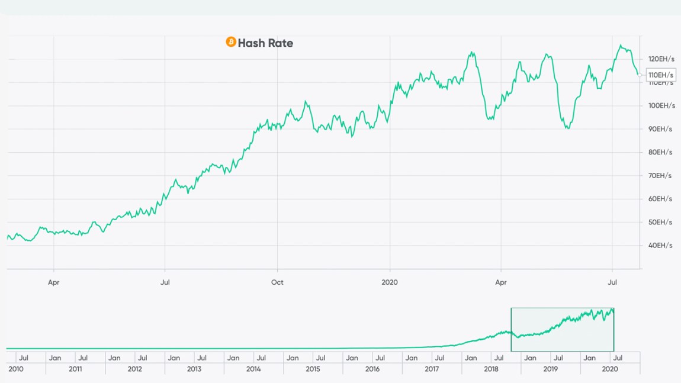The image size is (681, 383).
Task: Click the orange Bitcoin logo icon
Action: pos(231,42)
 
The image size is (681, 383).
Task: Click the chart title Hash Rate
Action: pos(265,43)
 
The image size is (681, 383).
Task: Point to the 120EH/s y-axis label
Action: pos(661,59)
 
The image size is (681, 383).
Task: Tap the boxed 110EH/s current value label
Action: pos(661,75)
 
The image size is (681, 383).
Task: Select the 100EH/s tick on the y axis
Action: pos(661,105)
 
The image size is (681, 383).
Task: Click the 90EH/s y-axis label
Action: pos(661,129)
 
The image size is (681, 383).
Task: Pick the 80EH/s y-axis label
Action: pos(661,152)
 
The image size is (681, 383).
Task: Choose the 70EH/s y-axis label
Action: pos(661,176)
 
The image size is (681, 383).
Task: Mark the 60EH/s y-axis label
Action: pos(661,199)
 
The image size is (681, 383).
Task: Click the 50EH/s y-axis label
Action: pos(661,222)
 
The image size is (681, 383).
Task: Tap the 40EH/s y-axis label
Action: pos(661,246)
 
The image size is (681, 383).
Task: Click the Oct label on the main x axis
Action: pos(277,282)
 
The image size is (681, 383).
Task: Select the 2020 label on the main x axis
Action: pos(389,282)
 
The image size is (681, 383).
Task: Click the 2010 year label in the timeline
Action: pos(15,369)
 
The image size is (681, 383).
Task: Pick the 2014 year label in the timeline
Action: pos(253,369)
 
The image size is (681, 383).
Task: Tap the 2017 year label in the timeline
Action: pos(432,369)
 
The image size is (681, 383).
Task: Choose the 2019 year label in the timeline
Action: pos(551,369)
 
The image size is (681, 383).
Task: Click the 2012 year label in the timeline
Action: pos(134,369)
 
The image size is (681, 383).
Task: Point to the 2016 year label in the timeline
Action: pos(372,369)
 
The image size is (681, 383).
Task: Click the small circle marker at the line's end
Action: pos(640,75)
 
